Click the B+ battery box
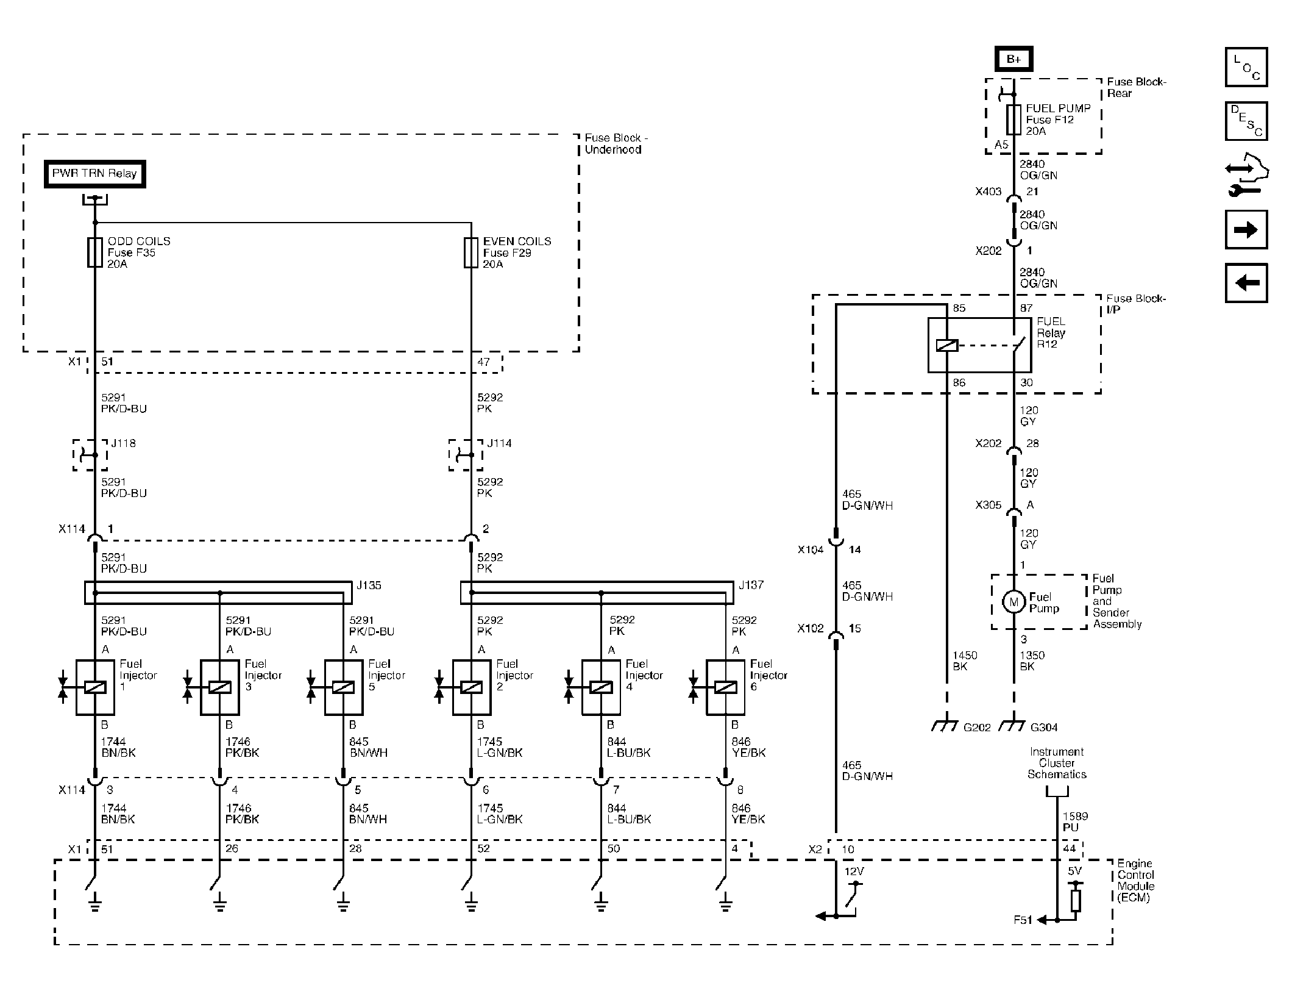(x=1013, y=59)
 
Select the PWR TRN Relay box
(x=94, y=174)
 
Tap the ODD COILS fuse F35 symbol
(x=95, y=252)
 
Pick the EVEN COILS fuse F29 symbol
(x=470, y=252)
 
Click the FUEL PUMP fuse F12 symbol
(x=1013, y=120)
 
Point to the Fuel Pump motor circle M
(x=1013, y=603)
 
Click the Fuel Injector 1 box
(x=95, y=687)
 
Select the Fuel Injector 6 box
(x=725, y=687)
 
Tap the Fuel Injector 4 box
(x=601, y=687)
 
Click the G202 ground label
(x=977, y=727)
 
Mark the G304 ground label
(x=1044, y=727)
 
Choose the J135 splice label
(x=369, y=585)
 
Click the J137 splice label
(x=751, y=585)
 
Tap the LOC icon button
(x=1246, y=67)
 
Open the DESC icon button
(x=1246, y=121)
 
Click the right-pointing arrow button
(x=1246, y=230)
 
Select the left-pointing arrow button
(x=1246, y=283)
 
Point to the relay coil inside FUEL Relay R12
(x=946, y=346)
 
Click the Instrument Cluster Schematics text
(x=1057, y=763)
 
